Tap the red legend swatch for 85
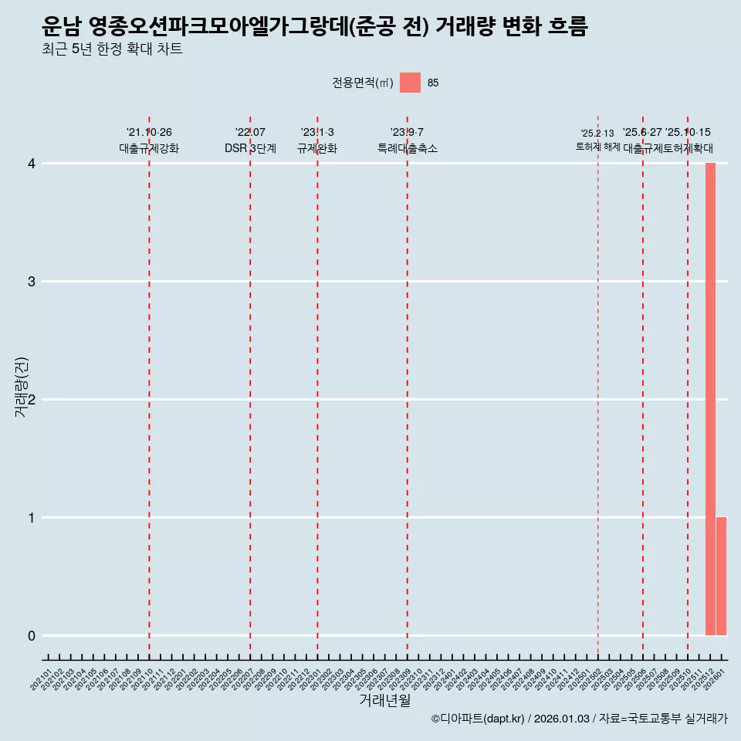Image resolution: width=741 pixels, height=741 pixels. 410,83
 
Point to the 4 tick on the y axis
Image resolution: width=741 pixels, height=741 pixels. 32,164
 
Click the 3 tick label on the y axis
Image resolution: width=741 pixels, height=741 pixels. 32,282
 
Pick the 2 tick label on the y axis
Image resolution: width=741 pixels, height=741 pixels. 32,400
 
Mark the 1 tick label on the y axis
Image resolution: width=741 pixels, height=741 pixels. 32,518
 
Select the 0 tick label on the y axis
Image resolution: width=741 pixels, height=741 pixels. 32,636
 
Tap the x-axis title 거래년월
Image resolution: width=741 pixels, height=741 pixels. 384,701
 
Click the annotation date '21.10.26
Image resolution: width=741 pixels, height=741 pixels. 149,133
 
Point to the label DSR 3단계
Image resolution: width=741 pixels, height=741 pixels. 250,148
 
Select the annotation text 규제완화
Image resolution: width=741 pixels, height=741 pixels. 317,148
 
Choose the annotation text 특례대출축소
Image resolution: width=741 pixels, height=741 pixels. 407,148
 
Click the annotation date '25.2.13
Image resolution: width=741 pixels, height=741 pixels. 597,134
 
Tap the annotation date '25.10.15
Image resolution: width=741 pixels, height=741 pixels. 688,133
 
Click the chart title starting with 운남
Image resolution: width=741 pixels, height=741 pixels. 315,27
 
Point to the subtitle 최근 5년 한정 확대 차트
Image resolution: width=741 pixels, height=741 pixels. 113,50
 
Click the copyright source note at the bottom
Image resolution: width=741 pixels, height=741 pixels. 579,719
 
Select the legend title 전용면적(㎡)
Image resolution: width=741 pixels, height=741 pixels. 363,83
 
